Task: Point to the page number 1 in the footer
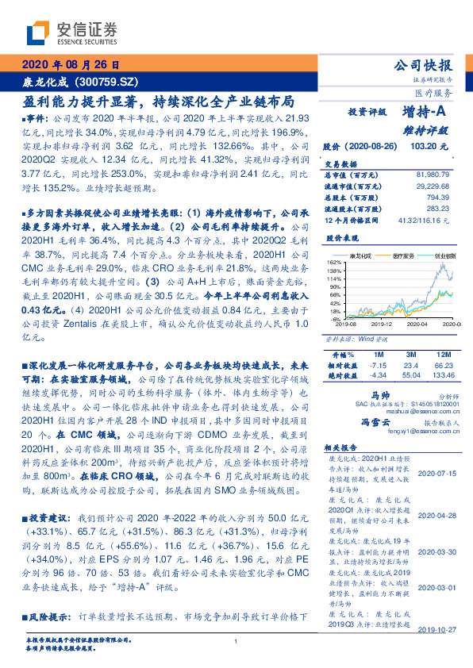[x=236, y=642]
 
